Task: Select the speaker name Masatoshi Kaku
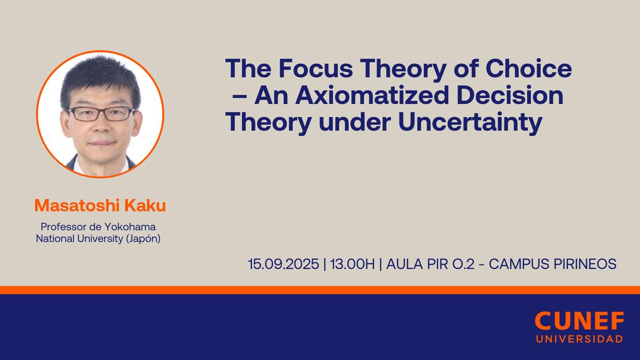pyautogui.click(x=100, y=205)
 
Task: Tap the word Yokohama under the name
pyautogui.click(x=131, y=228)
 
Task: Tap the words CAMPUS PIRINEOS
pyautogui.click(x=553, y=263)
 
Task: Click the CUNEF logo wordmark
pyautogui.click(x=579, y=321)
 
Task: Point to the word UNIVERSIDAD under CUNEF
pyautogui.click(x=579, y=339)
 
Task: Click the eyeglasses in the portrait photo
pyautogui.click(x=101, y=113)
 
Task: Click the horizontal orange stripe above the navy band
pyautogui.click(x=320, y=290)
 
